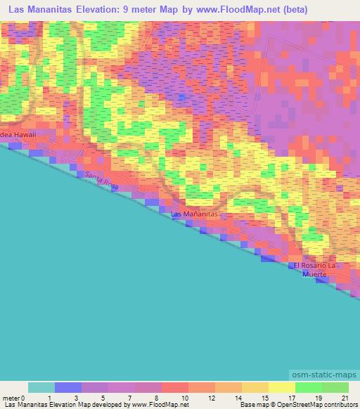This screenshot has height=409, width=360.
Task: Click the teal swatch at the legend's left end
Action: point(41,387)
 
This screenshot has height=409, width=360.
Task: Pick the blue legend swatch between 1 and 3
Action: point(68,387)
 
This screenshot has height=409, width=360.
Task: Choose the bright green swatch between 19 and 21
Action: point(335,387)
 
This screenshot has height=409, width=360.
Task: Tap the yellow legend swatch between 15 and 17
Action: point(281,387)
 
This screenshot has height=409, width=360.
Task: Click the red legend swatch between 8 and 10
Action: point(175,387)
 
